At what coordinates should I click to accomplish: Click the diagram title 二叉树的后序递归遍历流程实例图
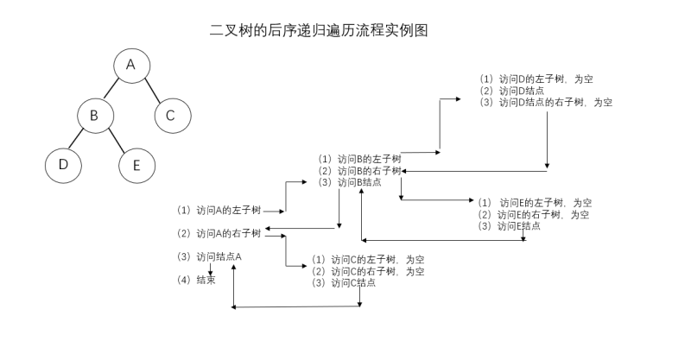point(320,31)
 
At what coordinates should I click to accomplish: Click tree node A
point(130,66)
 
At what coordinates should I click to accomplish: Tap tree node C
point(170,114)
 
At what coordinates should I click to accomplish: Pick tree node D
point(62,164)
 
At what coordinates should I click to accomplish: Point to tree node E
point(136,164)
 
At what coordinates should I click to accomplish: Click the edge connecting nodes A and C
point(151,90)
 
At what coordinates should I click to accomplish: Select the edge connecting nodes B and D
point(78,139)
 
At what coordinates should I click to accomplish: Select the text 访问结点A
point(219,256)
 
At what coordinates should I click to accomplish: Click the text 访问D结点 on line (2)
point(523,91)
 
